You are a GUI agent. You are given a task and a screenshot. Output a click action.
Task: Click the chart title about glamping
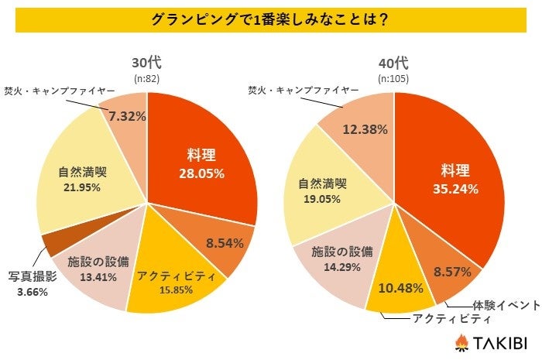point(270,19)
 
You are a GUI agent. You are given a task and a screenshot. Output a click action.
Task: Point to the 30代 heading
point(145,63)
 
